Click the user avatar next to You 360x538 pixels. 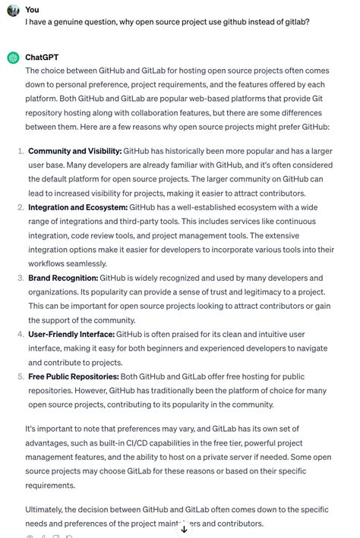[12, 11]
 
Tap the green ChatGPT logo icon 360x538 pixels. [12, 58]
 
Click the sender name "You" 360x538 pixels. [32, 9]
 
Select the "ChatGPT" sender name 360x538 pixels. [42, 57]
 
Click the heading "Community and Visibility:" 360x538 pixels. [74, 131]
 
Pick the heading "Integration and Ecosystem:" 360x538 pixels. [77, 207]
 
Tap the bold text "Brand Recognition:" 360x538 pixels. [63, 278]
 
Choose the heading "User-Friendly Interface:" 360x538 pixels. [71, 334]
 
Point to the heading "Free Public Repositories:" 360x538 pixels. [73, 376]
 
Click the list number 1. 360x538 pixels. [20, 131]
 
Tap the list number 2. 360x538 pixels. [20, 207]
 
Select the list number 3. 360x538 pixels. [20, 278]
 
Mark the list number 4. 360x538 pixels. [20, 334]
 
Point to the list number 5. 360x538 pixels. [20, 376]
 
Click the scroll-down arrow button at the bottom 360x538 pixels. [184, 529]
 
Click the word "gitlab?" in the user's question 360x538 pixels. [293, 23]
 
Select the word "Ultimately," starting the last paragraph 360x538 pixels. [47, 509]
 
